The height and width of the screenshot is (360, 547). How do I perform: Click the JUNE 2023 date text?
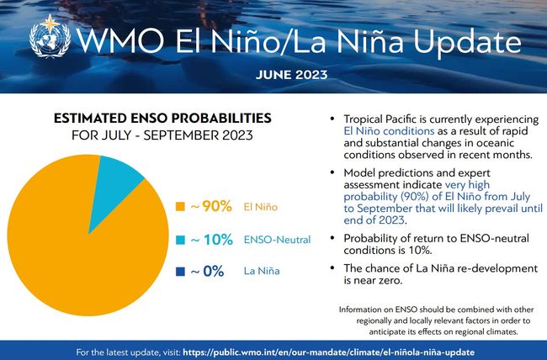pos(293,74)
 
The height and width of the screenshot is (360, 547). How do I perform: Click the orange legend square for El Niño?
pos(179,207)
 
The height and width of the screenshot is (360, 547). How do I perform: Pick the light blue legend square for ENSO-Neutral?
pos(179,240)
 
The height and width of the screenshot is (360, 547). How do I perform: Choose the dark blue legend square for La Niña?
pos(179,272)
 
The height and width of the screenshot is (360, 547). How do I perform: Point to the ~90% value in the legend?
pos(211,207)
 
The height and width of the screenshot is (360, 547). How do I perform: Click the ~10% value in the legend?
pos(211,240)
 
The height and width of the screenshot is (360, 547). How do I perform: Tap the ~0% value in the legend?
pos(207,272)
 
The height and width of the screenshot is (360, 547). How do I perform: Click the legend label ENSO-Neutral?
pos(273,241)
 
